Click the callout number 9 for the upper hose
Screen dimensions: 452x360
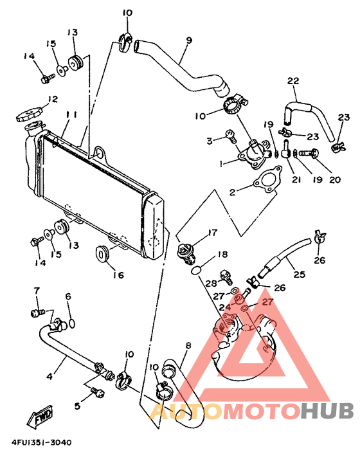(189, 41)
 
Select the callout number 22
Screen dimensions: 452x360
(293, 81)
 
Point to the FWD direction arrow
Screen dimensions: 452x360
(40, 416)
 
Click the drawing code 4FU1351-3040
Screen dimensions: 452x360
(41, 443)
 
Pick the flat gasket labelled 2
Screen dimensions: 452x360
(266, 179)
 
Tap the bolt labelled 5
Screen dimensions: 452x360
(97, 391)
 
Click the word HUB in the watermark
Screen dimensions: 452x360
(327, 409)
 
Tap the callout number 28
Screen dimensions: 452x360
(211, 284)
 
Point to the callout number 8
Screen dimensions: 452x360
(188, 345)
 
